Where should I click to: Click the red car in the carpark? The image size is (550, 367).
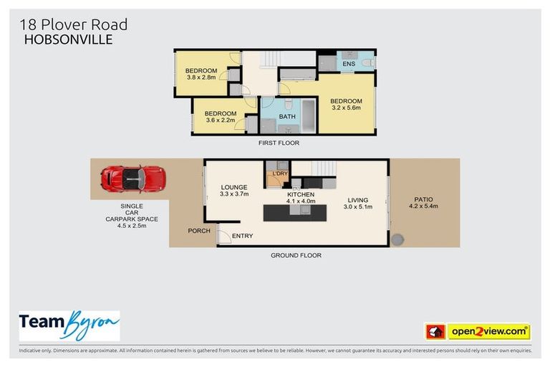tap(133, 178)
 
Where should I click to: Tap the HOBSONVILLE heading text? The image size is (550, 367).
tap(68, 40)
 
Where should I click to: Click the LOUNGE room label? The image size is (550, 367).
tap(233, 188)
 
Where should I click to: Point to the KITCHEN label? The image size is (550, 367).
tap(301, 194)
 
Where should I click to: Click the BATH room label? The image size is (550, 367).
tap(287, 116)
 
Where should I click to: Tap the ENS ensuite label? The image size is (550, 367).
tap(349, 64)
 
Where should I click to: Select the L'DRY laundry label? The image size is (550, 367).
tap(278, 173)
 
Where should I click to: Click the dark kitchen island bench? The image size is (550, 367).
tap(294, 213)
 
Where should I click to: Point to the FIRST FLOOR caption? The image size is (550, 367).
tap(279, 143)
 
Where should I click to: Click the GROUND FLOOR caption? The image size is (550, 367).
tap(296, 255)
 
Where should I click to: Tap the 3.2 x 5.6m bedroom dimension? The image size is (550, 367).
tap(346, 109)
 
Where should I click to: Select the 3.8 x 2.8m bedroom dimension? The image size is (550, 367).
tap(201, 77)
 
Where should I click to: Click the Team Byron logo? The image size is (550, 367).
tap(69, 327)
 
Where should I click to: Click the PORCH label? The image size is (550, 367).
tap(199, 231)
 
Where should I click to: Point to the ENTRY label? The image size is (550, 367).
tap(242, 236)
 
